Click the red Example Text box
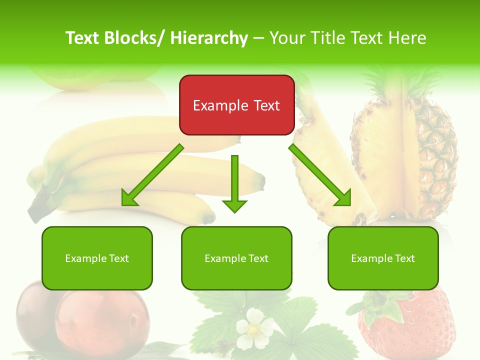click(x=236, y=105)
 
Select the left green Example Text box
click(x=97, y=258)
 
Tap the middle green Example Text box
click(x=236, y=258)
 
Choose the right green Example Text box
click(x=383, y=258)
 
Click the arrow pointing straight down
click(x=234, y=185)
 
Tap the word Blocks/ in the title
click(x=131, y=38)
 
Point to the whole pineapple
click(x=405, y=150)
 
